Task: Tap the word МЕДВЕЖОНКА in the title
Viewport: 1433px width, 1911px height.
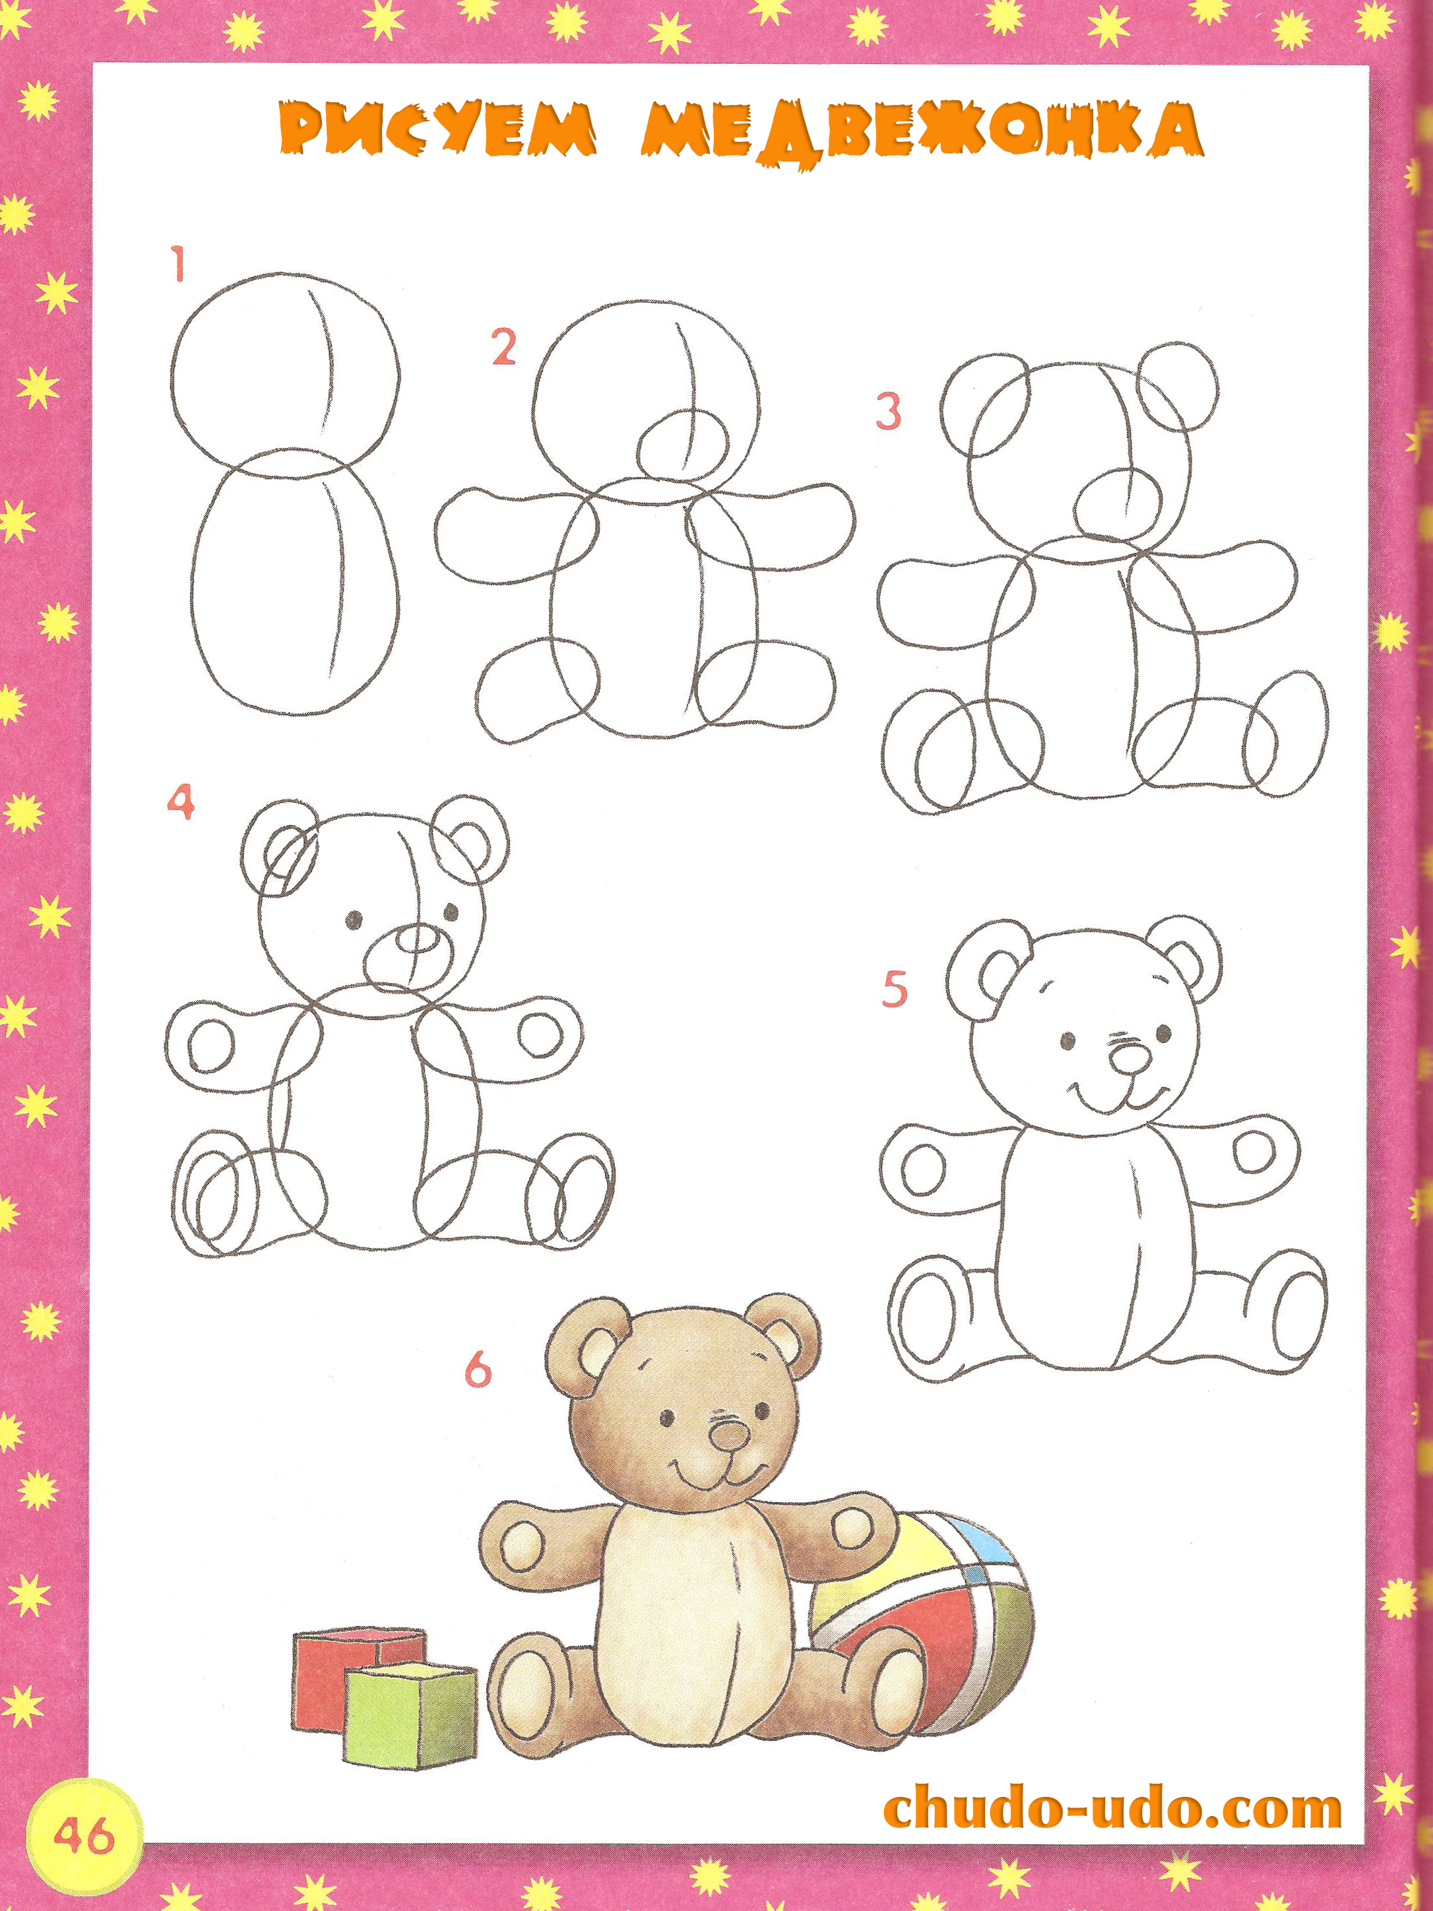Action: (922, 135)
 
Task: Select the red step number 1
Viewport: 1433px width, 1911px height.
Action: (178, 265)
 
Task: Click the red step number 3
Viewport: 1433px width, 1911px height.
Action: (889, 411)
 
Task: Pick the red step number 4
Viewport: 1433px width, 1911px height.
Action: (181, 801)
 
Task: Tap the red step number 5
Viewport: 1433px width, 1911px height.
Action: (895, 989)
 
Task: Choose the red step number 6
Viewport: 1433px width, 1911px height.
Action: (478, 1369)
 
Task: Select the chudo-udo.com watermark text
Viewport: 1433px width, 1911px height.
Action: (1113, 1808)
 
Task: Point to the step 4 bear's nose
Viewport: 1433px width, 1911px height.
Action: (418, 939)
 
